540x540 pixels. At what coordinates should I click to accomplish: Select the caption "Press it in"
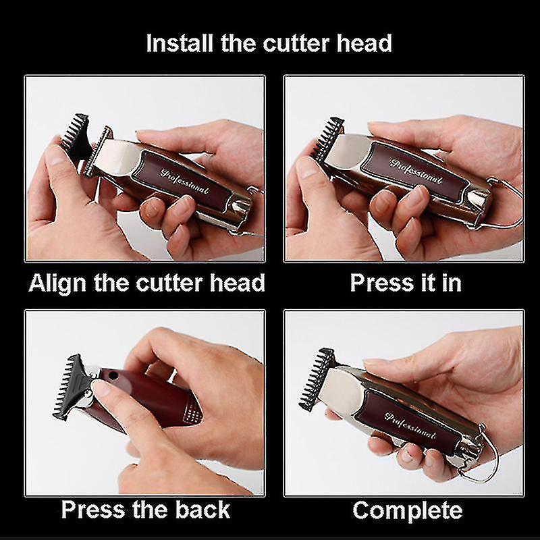(405, 282)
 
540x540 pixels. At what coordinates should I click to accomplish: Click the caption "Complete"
(407, 510)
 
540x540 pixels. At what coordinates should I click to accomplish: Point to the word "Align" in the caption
(59, 282)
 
